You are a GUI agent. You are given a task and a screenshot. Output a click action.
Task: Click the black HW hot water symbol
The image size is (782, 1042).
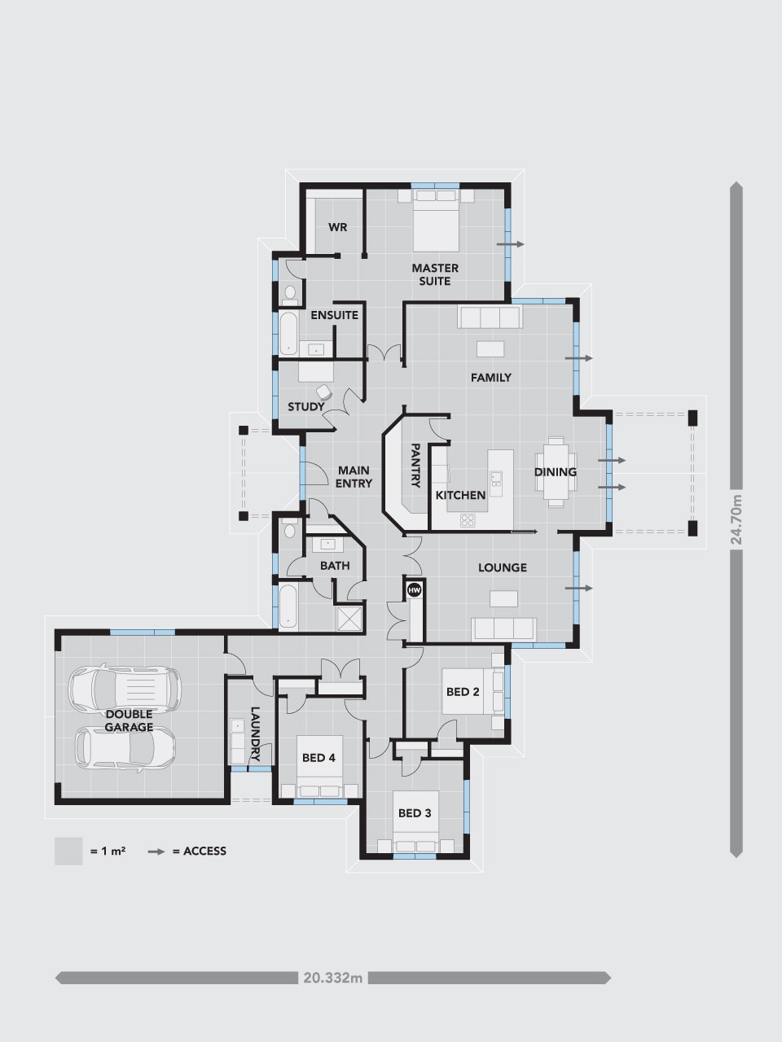414,590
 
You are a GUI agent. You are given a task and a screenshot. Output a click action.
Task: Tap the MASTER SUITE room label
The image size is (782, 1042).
435,274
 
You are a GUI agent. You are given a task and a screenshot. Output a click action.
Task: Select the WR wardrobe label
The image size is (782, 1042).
337,227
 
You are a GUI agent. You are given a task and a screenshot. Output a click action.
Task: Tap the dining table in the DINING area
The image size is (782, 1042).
556,471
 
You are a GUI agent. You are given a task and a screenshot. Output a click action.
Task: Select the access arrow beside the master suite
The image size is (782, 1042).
511,244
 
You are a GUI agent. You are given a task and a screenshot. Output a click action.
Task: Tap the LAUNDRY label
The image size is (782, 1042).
255,734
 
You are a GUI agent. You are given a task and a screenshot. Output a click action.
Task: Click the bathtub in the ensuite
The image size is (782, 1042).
288,333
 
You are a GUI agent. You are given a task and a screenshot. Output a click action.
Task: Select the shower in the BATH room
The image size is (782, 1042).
349,618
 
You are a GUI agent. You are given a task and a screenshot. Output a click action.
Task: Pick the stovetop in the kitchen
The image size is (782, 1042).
468,520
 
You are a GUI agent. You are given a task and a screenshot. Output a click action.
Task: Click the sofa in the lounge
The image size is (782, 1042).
503,629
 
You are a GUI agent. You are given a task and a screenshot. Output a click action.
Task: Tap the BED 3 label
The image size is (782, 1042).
415,813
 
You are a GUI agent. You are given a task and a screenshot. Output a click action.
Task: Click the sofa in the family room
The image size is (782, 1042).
490,317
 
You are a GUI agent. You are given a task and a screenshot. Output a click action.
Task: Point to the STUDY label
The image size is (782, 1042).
305,407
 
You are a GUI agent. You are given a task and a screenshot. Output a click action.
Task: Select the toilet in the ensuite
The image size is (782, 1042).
290,295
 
